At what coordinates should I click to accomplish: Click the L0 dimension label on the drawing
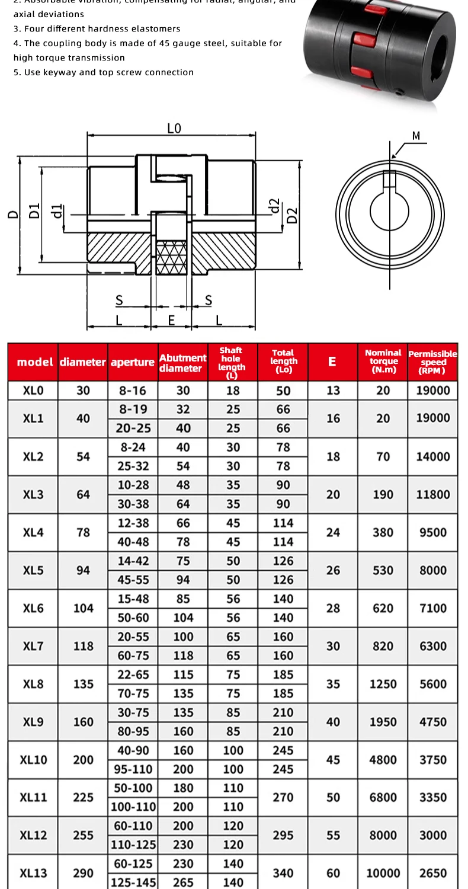pos(174,128)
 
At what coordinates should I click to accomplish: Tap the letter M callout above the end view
pos(416,136)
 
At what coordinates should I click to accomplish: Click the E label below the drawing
pos(171,320)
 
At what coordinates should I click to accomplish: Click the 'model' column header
pos(35,362)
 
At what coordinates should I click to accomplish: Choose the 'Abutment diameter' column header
pos(182,363)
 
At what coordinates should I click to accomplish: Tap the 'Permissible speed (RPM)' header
pos(432,362)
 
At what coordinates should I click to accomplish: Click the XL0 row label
pos(33,391)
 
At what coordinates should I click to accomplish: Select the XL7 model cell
pos(33,646)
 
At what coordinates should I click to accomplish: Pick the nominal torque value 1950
pos(383,722)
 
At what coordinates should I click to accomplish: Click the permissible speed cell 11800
pos(432,494)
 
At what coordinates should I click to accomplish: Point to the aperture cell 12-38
pos(133,523)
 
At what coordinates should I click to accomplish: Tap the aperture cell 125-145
pos(133,882)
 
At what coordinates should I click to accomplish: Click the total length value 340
pos(283,873)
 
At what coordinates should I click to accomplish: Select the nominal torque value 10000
pos(383,873)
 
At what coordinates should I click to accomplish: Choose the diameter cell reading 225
pos(83,797)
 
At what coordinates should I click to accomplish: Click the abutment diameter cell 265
pos(183,882)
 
